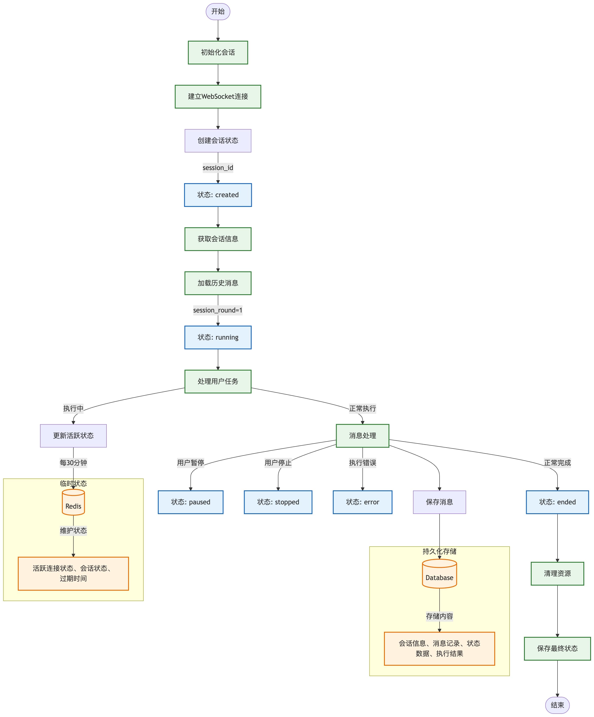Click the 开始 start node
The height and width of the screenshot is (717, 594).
218,12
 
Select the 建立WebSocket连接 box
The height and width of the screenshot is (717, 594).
218,97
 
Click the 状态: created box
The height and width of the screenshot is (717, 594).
218,195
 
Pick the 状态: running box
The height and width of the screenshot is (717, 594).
218,337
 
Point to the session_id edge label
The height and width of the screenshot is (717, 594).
218,168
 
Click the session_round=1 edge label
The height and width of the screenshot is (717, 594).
218,310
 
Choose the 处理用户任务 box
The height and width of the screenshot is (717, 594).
218,381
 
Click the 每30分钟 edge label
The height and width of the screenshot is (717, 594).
73,463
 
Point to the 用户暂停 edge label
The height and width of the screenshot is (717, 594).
190,463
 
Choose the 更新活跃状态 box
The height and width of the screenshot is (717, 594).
73,436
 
